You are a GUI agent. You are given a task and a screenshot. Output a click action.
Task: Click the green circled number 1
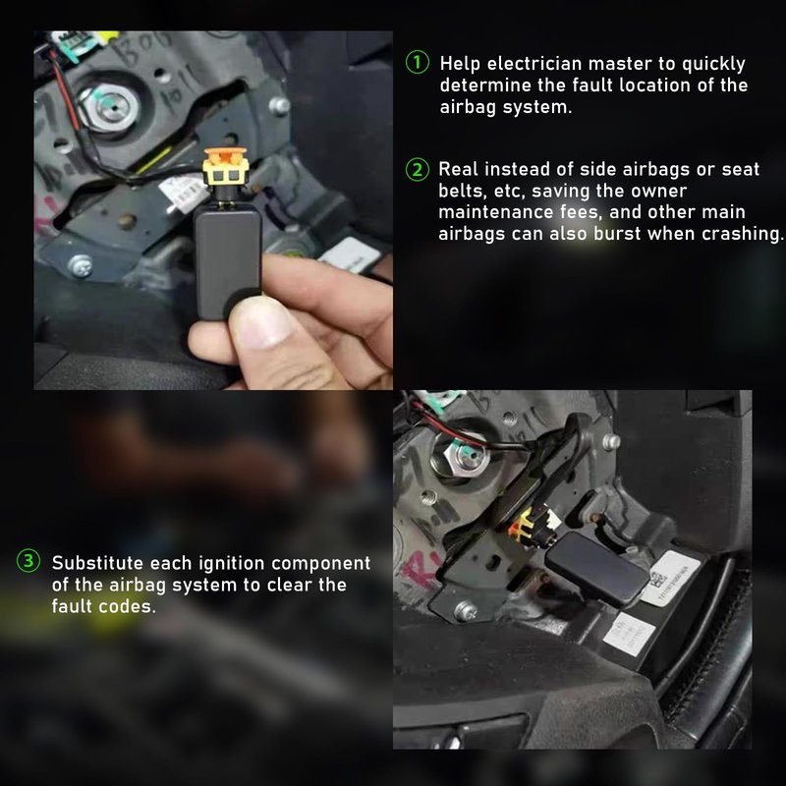(417, 62)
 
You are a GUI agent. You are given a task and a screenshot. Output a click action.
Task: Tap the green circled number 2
(417, 169)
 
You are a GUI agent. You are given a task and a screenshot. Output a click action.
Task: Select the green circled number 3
(28, 561)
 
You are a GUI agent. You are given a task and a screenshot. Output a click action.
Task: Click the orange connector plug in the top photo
(226, 166)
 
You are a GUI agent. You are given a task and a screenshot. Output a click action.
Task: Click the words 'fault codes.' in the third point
(104, 606)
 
